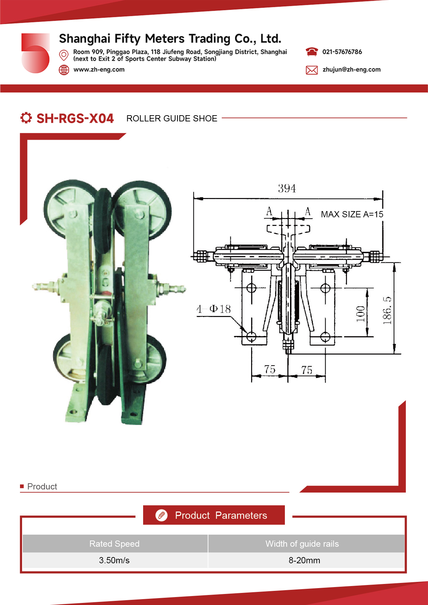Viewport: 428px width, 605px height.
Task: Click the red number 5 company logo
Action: pos(35,53)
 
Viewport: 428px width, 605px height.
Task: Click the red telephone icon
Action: pos(311,52)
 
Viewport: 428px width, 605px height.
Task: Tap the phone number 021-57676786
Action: pos(342,52)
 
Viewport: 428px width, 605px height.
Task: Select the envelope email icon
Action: pos(311,70)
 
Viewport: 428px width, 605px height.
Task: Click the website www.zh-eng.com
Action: pos(99,69)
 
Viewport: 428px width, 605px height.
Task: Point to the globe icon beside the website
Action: pos(64,70)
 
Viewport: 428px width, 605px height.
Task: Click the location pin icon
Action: pos(64,55)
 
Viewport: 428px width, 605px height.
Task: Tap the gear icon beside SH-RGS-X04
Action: pos(26,118)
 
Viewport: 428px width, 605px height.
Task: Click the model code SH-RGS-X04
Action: pos(75,118)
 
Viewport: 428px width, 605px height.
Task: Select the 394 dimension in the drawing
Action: pos(287,188)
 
